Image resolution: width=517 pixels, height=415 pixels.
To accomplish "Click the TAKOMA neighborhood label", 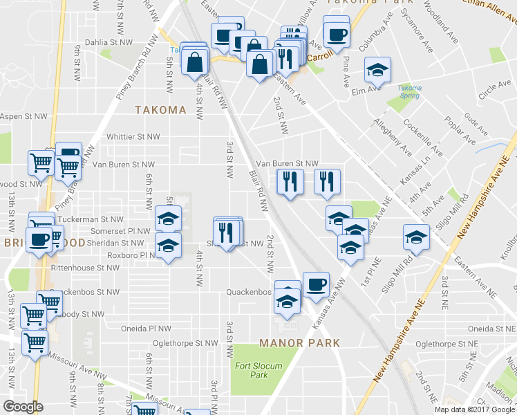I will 160,110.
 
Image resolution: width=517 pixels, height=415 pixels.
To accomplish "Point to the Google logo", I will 22,407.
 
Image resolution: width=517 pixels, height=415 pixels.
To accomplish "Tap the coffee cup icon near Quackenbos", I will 316,286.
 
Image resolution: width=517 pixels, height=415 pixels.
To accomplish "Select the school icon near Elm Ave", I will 377,71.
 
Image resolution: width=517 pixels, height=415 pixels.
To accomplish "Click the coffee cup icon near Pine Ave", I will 336,34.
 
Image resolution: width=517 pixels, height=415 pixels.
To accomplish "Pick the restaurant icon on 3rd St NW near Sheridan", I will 227,231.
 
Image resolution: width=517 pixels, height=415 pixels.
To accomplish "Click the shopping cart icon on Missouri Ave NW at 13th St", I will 34,342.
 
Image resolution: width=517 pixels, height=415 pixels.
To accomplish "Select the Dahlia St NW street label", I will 109,42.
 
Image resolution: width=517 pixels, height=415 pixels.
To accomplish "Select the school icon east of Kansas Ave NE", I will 417,237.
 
